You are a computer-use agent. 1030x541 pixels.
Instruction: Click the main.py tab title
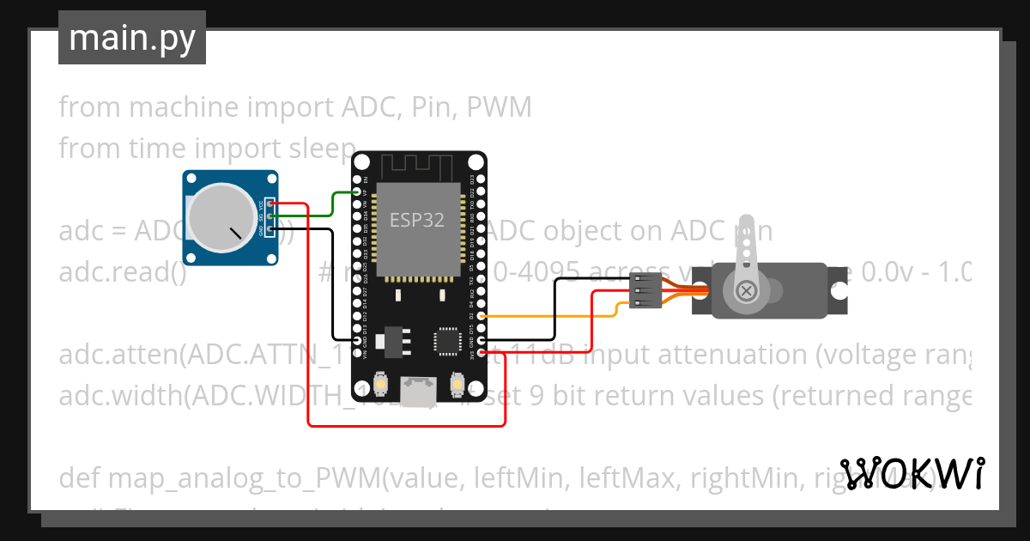coord(131,38)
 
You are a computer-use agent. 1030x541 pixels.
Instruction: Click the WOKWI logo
coord(912,473)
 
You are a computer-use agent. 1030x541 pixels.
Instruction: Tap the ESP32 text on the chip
coord(417,219)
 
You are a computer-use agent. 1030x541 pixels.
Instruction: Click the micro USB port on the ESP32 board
coord(421,394)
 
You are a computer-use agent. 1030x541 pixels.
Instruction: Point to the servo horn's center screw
coord(746,290)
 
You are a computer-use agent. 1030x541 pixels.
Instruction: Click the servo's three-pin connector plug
coord(646,291)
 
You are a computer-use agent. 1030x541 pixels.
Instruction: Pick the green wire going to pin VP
coord(334,204)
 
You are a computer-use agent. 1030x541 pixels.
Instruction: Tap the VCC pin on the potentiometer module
coord(270,204)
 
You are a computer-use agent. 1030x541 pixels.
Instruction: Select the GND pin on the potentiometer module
coord(270,229)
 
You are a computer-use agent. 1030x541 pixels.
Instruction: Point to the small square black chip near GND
coord(447,340)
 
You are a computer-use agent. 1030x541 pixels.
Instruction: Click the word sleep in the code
coord(321,149)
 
